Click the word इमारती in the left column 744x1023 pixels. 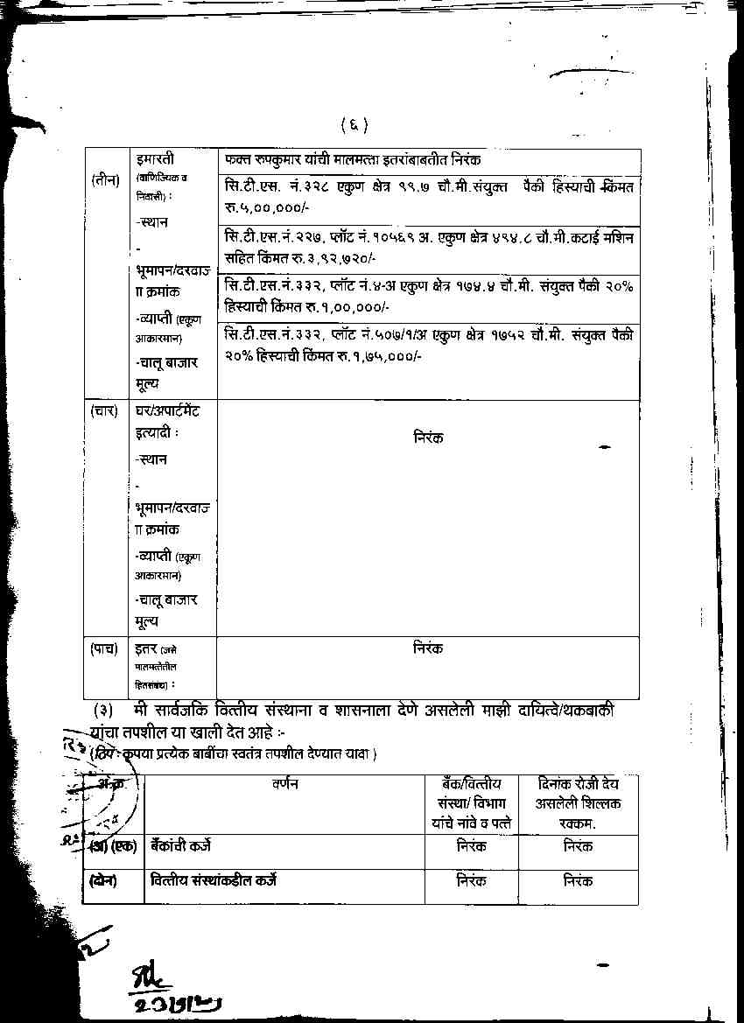click(x=156, y=159)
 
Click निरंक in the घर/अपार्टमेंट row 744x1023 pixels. click(x=428, y=437)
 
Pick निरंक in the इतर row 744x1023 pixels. click(x=428, y=648)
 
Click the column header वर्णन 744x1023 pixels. click(x=285, y=784)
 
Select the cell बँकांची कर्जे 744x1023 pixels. click(x=180, y=846)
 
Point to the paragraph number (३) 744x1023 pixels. click(x=103, y=711)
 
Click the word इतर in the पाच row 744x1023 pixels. click(x=145, y=648)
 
